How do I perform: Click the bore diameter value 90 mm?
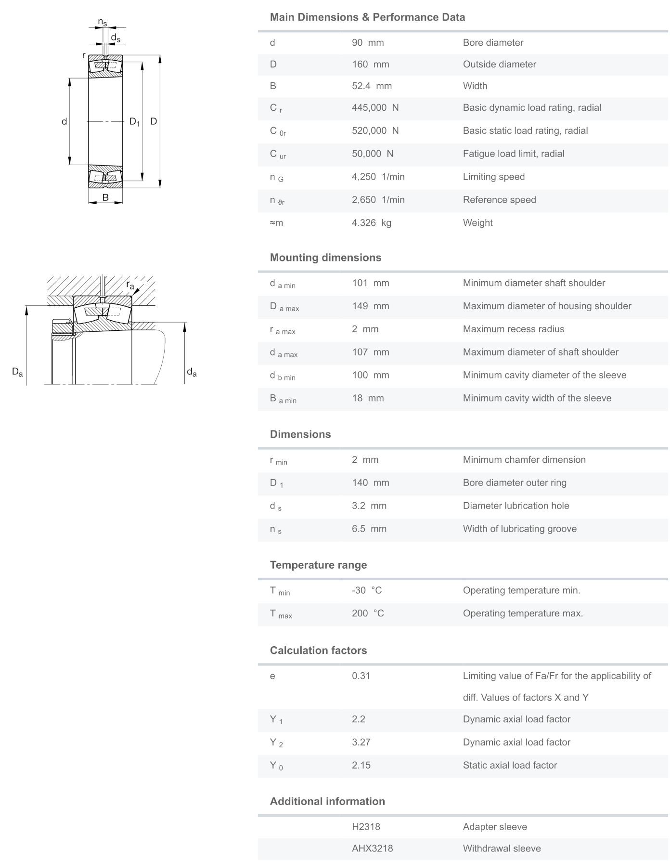(x=368, y=42)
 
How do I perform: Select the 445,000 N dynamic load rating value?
(x=375, y=107)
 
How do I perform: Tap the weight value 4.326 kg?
(x=371, y=222)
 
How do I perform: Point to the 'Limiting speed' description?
(x=493, y=177)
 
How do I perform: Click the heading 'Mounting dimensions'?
(x=325, y=257)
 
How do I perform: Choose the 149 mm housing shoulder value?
(x=370, y=306)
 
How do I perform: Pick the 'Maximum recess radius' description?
(x=513, y=329)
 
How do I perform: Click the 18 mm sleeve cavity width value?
(x=368, y=398)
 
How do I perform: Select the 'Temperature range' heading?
(x=318, y=565)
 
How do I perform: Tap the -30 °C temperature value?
(x=367, y=590)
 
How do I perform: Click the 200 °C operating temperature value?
(x=368, y=613)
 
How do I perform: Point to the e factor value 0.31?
(x=361, y=676)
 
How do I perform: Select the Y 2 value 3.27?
(x=361, y=742)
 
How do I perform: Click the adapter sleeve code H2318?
(x=366, y=827)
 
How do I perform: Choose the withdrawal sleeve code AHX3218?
(x=372, y=848)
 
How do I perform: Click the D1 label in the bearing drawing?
(x=134, y=122)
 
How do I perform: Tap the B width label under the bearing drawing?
(x=105, y=197)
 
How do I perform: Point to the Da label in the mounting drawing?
(x=17, y=372)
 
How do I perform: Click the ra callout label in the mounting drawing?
(x=130, y=285)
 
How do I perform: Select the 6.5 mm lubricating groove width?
(x=369, y=529)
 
